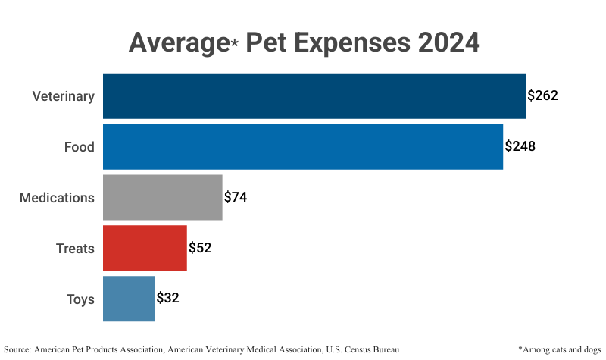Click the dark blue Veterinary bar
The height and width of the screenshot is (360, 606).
[314, 96]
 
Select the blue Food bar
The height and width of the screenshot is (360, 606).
[303, 146]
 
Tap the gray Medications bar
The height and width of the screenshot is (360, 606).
[162, 197]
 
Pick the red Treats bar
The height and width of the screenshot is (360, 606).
[145, 248]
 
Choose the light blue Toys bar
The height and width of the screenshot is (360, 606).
[129, 299]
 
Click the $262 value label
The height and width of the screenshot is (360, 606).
[543, 96]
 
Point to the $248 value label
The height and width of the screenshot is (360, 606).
[520, 146]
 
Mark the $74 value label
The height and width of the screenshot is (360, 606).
[236, 197]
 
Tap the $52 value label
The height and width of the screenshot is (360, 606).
[200, 248]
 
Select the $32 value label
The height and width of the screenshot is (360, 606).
[167, 299]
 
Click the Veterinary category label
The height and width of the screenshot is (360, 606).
[63, 96]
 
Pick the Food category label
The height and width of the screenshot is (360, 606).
[79, 147]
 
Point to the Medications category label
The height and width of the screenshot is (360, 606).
[57, 198]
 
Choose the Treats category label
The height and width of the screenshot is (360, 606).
[75, 249]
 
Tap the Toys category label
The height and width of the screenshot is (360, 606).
[80, 299]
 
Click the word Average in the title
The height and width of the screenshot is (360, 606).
[179, 42]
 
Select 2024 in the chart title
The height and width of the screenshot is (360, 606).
[445, 42]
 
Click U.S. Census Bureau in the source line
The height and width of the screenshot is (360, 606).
[362, 349]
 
